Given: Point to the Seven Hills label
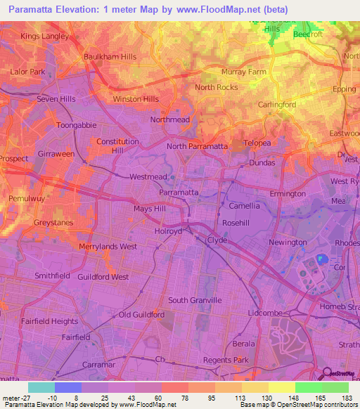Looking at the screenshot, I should click(x=56, y=99).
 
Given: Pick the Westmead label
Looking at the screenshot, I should click(x=148, y=178).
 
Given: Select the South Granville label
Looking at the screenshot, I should click(x=195, y=300).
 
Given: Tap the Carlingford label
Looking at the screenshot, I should click(x=277, y=104).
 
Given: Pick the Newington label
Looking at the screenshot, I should click(x=288, y=242).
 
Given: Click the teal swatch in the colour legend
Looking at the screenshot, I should click(x=41, y=387).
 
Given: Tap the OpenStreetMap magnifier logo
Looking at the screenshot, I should click(x=325, y=374).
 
